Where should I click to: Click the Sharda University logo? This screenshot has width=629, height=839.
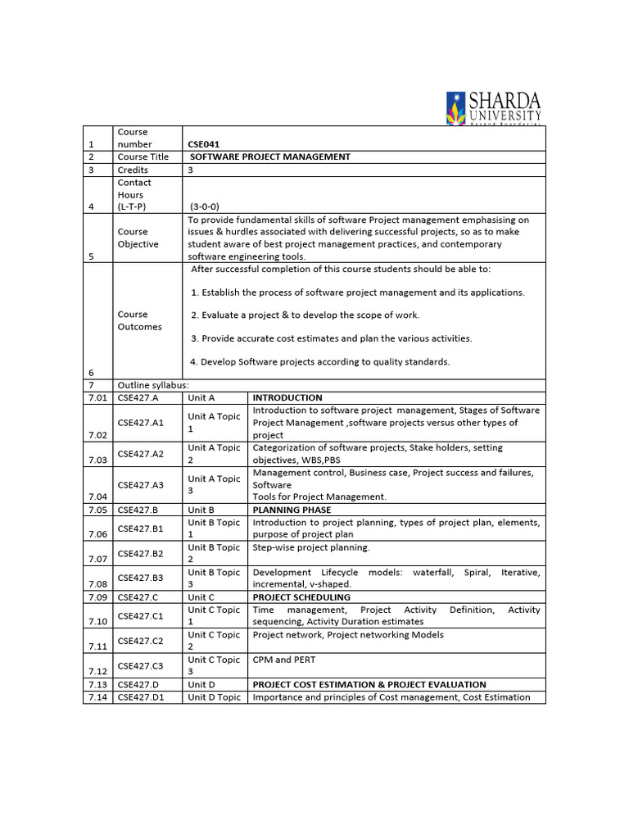point(492,107)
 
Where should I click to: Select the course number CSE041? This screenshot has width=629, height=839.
point(204,144)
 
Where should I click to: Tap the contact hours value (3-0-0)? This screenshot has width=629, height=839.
point(205,207)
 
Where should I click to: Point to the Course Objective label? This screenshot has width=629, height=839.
point(138,238)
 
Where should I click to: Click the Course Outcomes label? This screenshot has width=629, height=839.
point(139,320)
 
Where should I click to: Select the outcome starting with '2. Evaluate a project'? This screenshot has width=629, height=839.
point(305,315)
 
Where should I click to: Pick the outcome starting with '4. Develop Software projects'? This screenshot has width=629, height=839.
point(320,361)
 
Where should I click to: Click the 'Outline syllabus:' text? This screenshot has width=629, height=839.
point(153,385)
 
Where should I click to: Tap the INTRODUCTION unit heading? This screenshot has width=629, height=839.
point(287,397)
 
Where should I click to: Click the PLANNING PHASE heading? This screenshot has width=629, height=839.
point(292,510)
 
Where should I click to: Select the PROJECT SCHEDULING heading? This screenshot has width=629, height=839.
point(301,597)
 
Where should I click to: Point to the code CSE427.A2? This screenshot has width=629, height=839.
point(141,454)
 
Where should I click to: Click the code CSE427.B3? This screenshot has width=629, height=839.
point(141,578)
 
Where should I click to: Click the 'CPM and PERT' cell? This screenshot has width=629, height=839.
point(284,660)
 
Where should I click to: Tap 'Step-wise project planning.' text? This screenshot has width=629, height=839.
point(311,547)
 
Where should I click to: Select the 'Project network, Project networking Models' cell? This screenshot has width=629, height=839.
point(348,634)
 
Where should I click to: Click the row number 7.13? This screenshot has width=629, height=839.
point(97,685)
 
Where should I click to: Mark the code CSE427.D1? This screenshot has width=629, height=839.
point(141,697)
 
